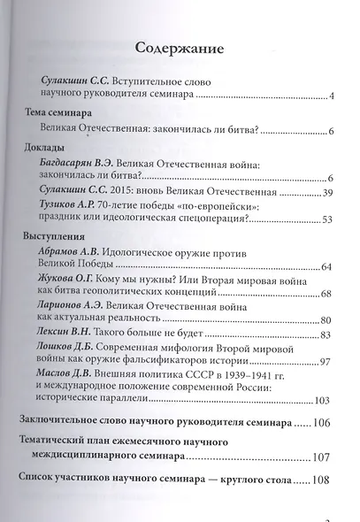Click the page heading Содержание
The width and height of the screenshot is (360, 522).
pyautogui.click(x=179, y=47)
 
